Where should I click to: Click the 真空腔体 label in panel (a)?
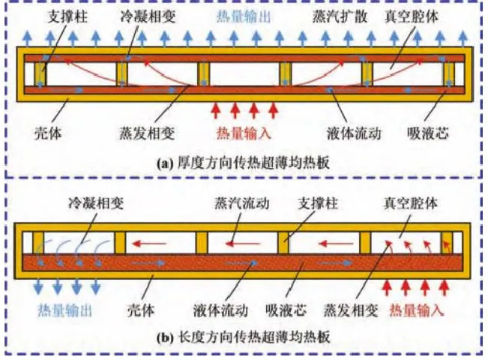point(415,15)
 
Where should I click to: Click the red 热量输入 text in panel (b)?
point(415,309)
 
